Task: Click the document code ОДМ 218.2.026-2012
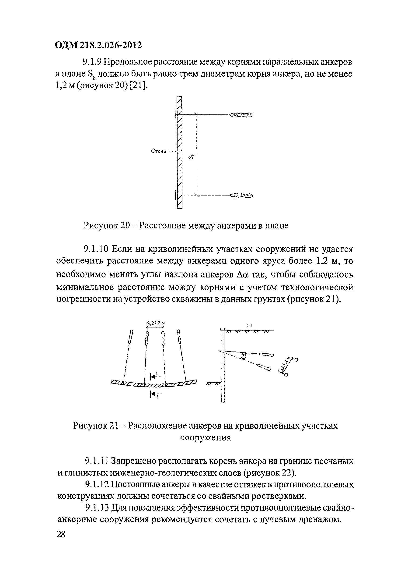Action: coord(98,45)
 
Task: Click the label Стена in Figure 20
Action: coord(158,151)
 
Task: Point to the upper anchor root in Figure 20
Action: coord(241,115)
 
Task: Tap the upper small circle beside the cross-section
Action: coord(296,360)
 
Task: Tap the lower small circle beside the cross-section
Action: coord(286,375)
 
